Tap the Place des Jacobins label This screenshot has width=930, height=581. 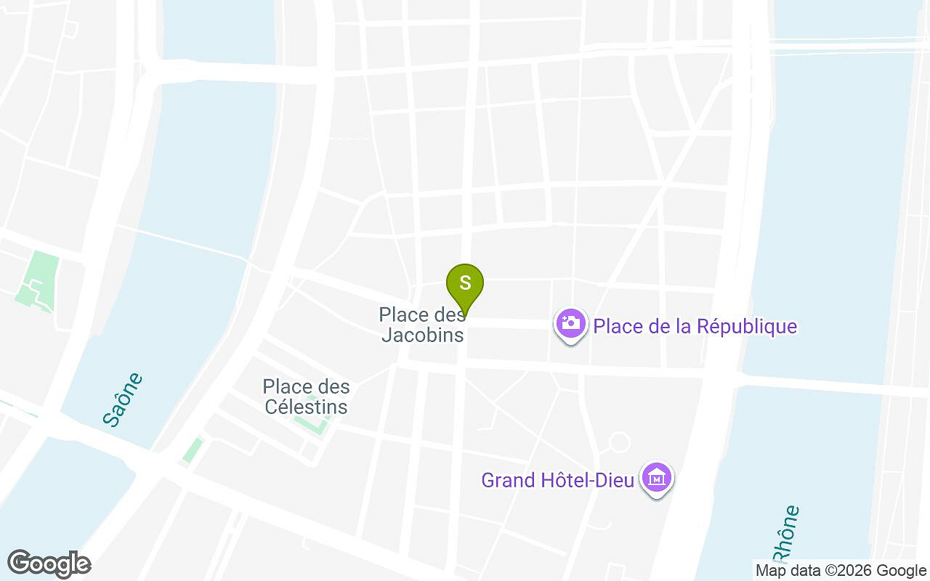coord(422,325)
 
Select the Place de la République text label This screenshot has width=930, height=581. coord(695,327)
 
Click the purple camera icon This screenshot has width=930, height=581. coord(571,323)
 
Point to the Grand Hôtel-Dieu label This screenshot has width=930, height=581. coord(558,480)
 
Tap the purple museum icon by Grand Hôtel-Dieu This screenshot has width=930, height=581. coord(657,479)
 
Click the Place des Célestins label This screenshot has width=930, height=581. coord(306,397)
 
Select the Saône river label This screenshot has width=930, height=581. coord(122,399)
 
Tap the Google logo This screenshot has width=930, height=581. coord(49,564)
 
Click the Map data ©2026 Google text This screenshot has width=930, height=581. coord(841,571)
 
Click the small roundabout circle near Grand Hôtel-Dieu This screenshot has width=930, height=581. coord(619,442)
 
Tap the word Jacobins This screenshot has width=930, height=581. coord(422,335)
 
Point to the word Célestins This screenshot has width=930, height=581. coord(306,407)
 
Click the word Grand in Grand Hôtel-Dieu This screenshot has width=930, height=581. coord(507,480)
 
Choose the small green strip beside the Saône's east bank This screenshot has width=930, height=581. coord(193,450)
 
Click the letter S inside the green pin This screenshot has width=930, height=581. coord(465,281)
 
